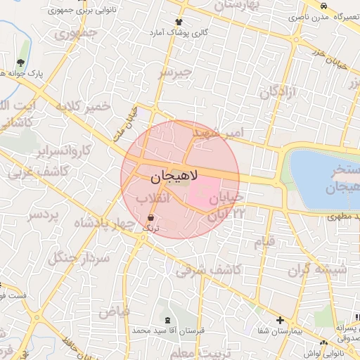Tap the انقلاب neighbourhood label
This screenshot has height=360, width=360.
point(155,199)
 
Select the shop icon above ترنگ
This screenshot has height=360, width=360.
point(152,218)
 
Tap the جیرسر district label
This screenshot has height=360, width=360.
point(175,72)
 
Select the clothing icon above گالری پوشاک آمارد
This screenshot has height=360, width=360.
point(179,23)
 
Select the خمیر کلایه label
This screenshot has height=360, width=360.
point(84,108)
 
